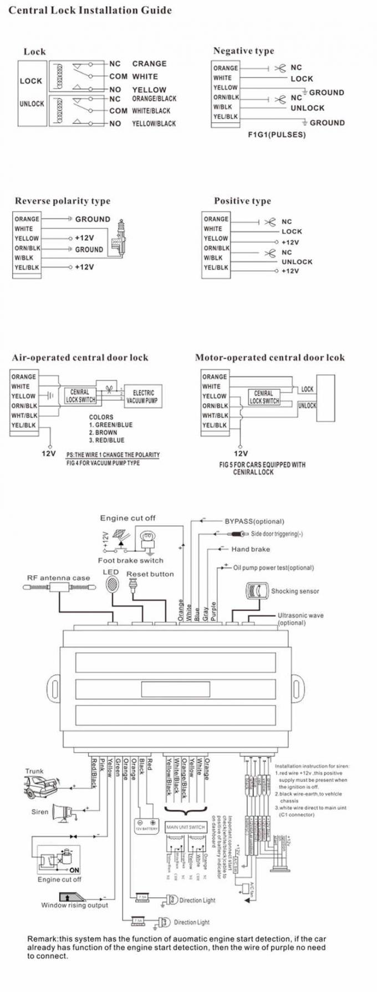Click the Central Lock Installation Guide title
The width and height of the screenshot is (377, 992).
click(x=90, y=11)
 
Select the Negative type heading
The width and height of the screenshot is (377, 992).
click(x=243, y=51)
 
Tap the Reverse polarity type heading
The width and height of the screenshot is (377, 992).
click(x=63, y=201)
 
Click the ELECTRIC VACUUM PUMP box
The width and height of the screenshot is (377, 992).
click(x=143, y=396)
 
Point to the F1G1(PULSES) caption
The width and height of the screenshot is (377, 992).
click(x=277, y=134)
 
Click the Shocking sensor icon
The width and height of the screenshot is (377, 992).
click(x=256, y=591)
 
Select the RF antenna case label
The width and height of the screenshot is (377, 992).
click(x=58, y=578)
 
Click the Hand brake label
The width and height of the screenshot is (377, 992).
click(x=251, y=549)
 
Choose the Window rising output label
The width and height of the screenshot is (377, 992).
click(x=74, y=905)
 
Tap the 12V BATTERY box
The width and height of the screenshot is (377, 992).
click(x=147, y=825)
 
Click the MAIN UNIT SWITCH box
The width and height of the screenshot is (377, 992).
click(x=186, y=827)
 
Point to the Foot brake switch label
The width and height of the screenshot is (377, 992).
click(x=131, y=560)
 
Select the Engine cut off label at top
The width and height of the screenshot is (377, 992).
click(x=128, y=518)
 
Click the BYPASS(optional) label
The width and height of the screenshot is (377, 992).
click(x=254, y=521)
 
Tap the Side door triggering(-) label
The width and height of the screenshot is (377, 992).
click(x=277, y=534)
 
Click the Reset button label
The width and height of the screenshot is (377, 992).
click(x=150, y=574)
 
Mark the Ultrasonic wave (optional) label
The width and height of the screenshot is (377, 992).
click(x=300, y=619)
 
